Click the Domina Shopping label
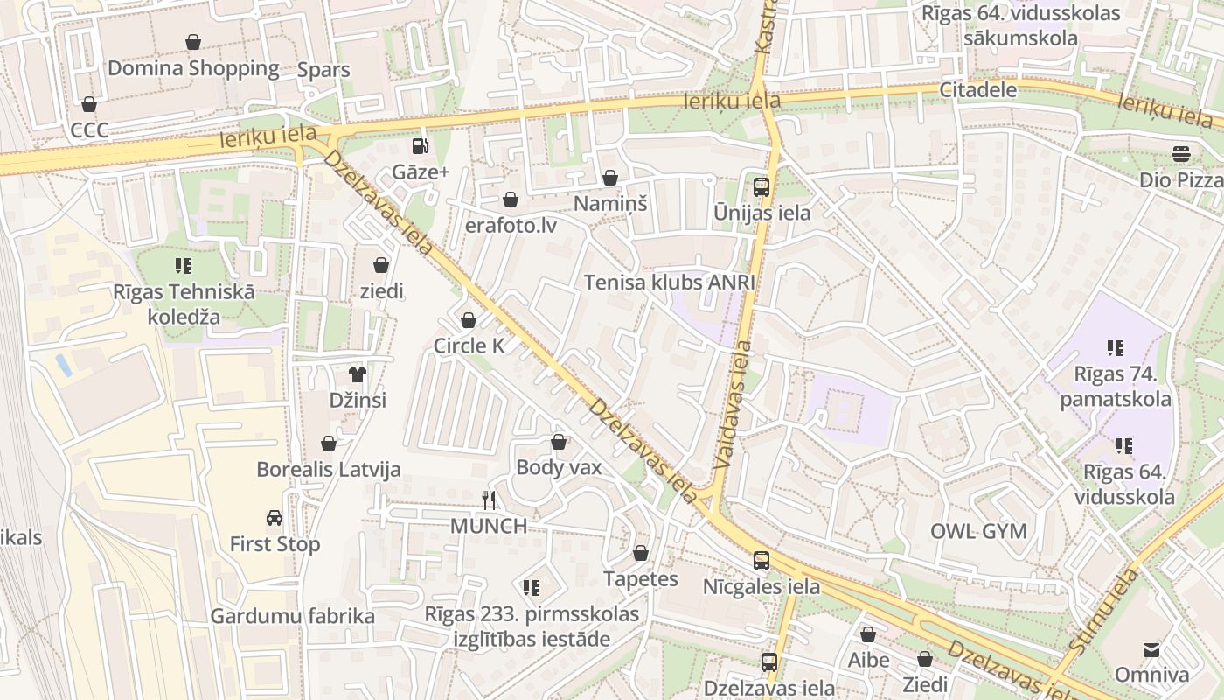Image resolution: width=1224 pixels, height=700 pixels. [x=193, y=68]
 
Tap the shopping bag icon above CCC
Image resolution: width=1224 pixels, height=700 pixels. [x=89, y=105]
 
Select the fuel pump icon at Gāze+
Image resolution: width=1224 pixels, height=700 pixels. [x=421, y=146]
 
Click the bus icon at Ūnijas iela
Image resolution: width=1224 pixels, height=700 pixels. [x=762, y=186]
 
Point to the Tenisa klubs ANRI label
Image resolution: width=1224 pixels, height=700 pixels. [x=669, y=283]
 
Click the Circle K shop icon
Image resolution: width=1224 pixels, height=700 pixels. [x=469, y=320]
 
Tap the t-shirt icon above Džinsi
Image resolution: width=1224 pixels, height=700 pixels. [x=357, y=374]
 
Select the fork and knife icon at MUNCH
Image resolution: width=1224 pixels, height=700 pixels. [x=489, y=500]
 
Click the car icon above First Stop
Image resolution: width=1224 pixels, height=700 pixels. [x=275, y=518]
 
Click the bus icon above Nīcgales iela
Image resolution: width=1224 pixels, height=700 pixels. [x=762, y=561]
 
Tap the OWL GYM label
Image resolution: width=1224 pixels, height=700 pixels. [x=978, y=531]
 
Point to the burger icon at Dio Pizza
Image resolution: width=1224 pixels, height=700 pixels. [x=1181, y=154]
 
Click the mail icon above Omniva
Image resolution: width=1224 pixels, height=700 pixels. [x=1151, y=649]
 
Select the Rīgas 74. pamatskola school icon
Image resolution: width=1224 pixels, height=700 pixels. [x=1115, y=348]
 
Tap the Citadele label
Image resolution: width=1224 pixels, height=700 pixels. [x=978, y=89]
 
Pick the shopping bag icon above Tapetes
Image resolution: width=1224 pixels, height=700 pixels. [x=641, y=553]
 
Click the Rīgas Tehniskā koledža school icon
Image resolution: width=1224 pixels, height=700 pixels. [x=184, y=265]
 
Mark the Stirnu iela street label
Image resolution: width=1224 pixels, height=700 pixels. [x=1103, y=610]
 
